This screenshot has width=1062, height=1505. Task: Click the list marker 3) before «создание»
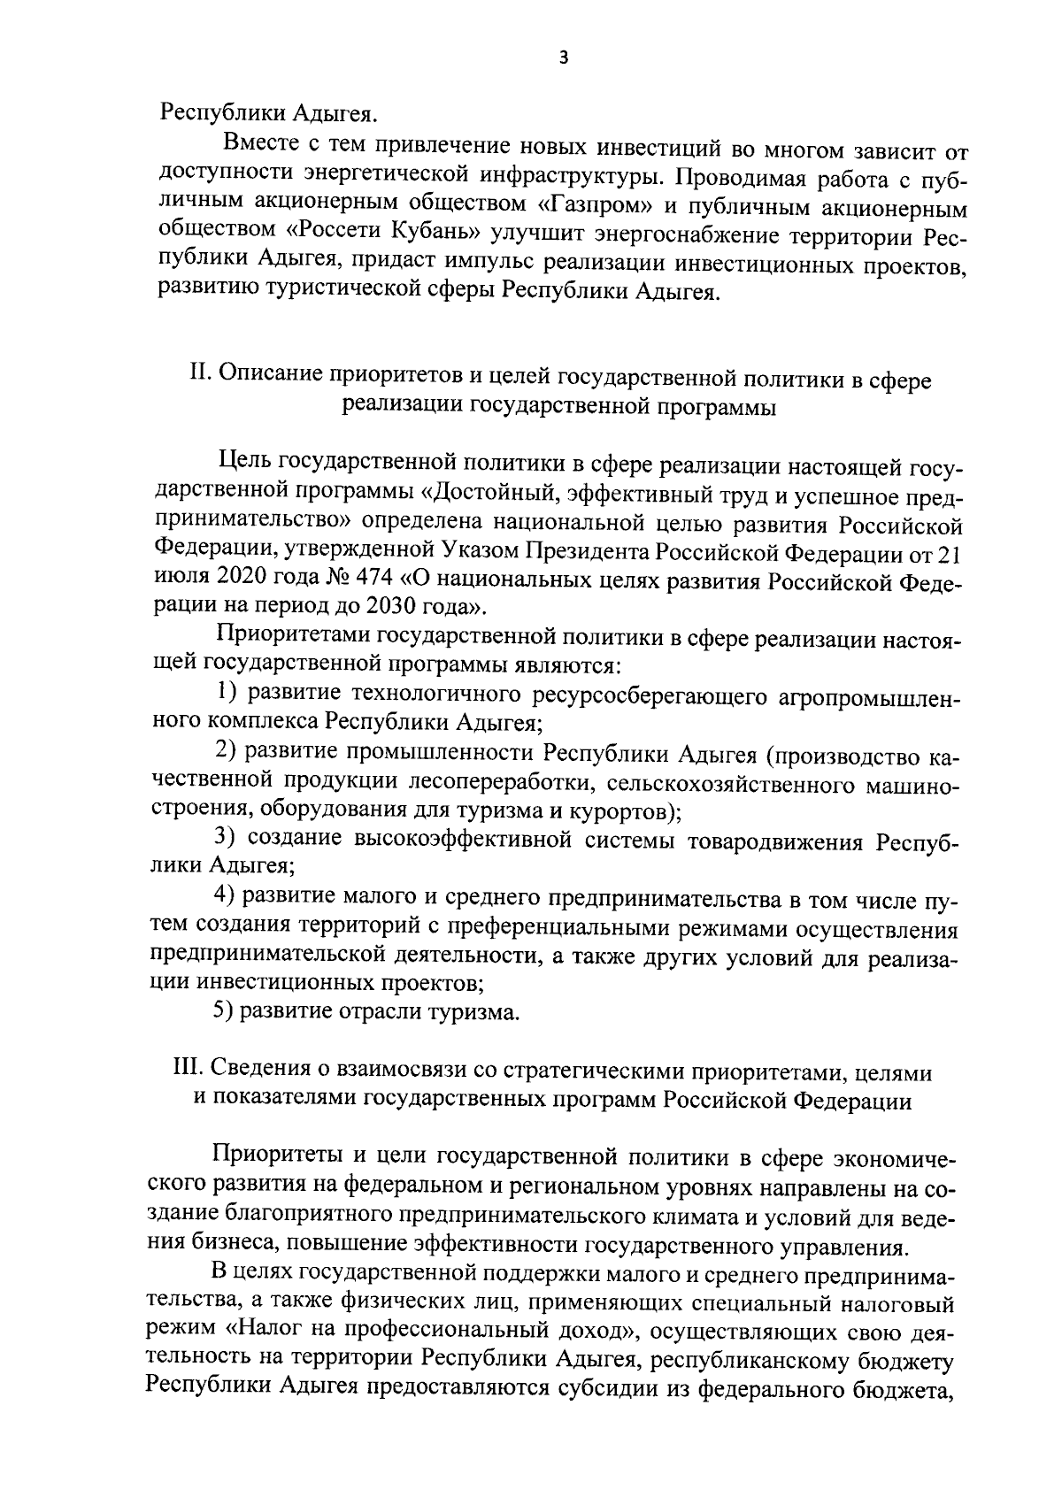227,837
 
